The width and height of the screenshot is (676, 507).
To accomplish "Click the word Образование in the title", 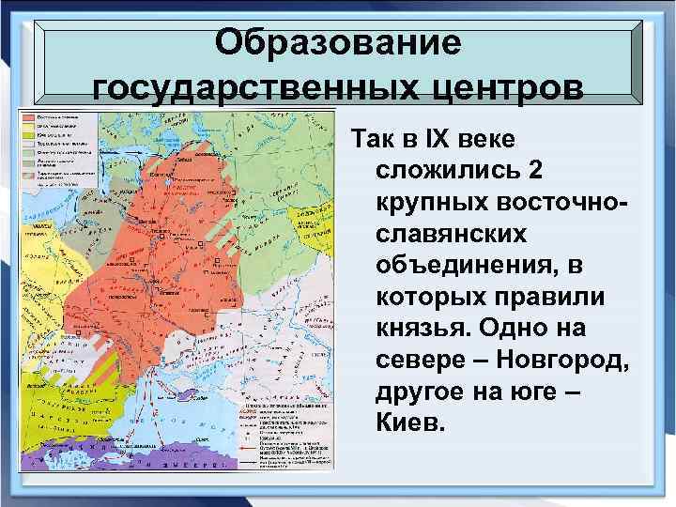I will (338, 43).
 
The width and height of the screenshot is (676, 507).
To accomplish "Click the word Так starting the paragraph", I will (373, 139).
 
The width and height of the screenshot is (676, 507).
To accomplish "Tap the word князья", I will (423, 328).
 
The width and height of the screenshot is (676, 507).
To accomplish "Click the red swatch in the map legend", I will (29, 116).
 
